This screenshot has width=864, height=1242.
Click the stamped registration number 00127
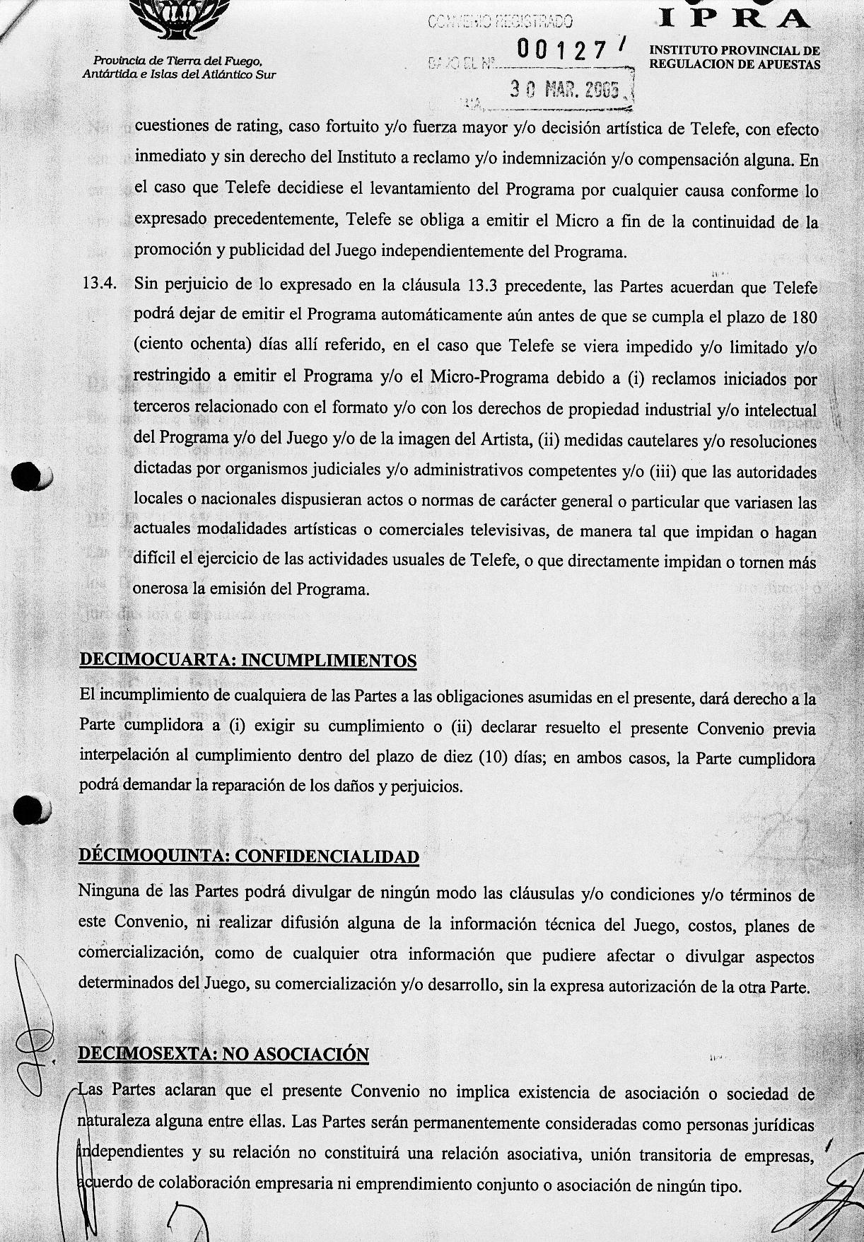point(561,50)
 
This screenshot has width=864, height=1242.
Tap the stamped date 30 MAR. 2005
point(565,89)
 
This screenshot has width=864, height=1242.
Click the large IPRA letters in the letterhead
point(735,18)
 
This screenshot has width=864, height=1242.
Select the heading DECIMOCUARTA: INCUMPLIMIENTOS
point(247,660)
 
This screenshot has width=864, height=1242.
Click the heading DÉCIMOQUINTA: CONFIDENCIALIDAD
point(248,856)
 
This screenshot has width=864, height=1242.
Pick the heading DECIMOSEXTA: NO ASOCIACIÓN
point(223,1054)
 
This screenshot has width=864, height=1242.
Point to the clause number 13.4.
point(98,285)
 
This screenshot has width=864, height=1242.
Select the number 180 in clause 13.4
point(804,317)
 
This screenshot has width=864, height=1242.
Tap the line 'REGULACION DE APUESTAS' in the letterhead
point(735,64)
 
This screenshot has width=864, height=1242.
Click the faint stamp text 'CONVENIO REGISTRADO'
point(500,23)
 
